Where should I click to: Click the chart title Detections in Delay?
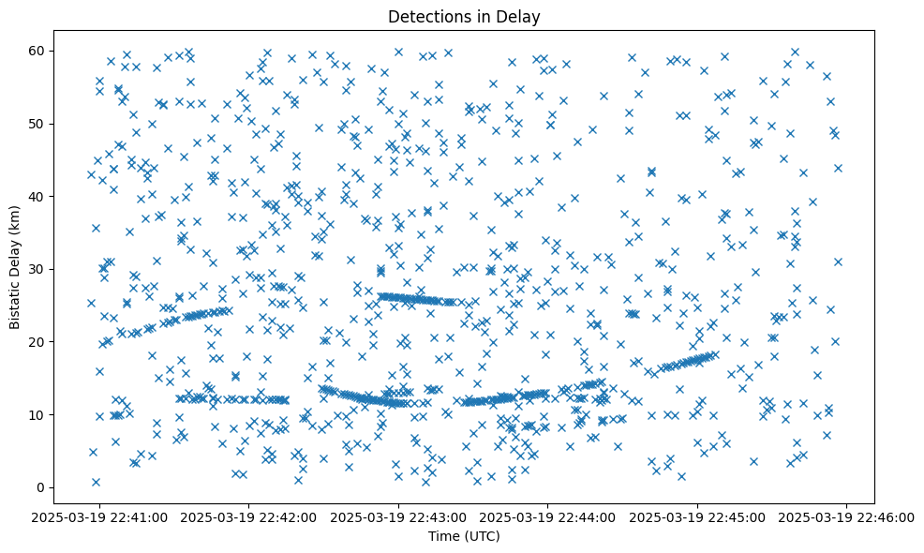click(464, 16)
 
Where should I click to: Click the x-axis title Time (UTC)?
click(464, 536)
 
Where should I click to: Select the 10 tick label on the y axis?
click(37, 414)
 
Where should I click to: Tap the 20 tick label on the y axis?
click(37, 342)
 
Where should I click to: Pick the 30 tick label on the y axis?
click(37, 269)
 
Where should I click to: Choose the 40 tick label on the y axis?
click(37, 196)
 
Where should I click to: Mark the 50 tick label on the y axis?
click(37, 124)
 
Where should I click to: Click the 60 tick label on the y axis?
click(37, 51)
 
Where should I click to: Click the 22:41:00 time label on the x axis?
click(99, 516)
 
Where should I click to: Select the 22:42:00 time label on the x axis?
click(249, 516)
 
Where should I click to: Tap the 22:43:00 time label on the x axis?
click(398, 516)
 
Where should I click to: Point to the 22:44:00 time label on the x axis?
click(548, 516)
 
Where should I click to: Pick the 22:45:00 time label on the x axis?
click(697, 516)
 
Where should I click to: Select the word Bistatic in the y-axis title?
click(16, 301)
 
